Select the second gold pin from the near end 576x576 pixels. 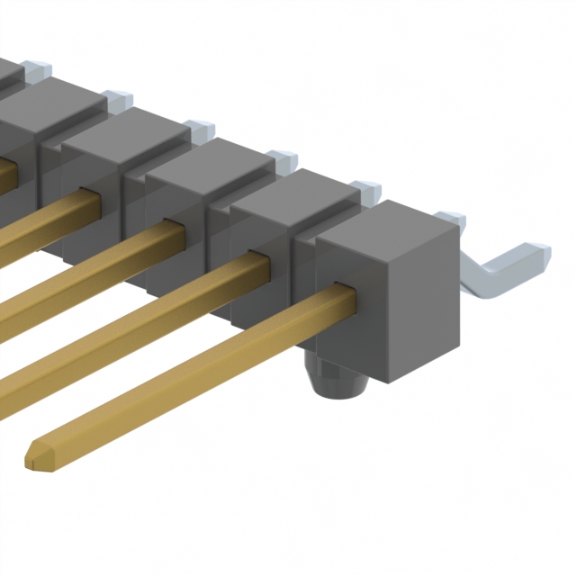[135, 315]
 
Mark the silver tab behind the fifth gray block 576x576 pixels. [117, 97]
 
